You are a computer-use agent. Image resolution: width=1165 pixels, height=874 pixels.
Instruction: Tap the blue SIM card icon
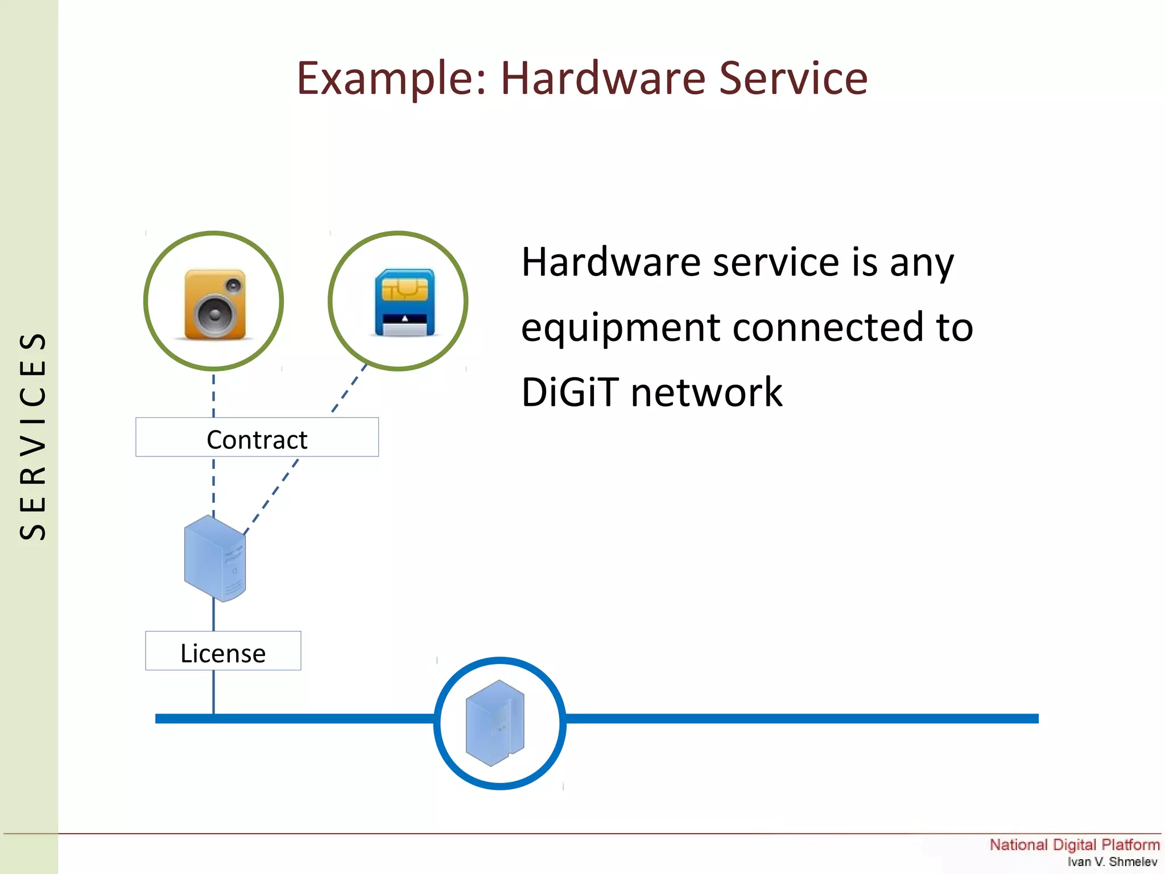tap(404, 302)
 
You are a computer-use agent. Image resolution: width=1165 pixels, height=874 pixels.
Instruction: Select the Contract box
tap(257, 438)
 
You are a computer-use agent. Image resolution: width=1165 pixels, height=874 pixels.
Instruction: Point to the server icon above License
tap(215, 558)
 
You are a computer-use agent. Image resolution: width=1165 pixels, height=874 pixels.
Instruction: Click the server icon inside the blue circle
tap(495, 723)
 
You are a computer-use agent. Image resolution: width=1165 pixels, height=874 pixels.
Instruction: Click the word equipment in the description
tap(621, 328)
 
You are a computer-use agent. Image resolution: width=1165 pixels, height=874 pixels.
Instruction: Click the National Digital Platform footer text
tap(1074, 844)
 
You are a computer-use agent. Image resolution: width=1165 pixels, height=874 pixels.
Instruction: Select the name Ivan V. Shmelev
tap(1112, 861)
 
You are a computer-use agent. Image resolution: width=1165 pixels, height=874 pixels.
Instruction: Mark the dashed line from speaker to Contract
tap(214, 394)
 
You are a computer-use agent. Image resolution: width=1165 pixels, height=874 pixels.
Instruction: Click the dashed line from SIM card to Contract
tap(349, 389)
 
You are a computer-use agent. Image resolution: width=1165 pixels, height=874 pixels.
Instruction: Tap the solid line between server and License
tap(214, 616)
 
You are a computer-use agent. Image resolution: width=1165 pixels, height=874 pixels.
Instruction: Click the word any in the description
tap(922, 263)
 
